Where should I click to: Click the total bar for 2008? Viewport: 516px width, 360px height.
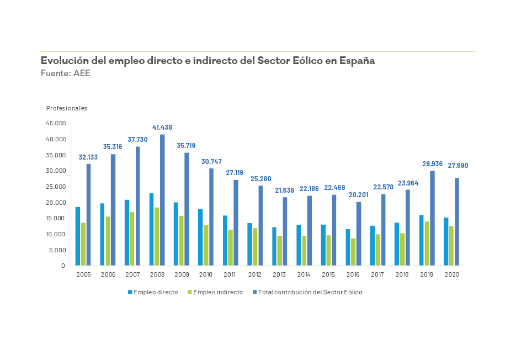point(162,200)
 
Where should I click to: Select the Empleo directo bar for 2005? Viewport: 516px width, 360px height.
point(78,236)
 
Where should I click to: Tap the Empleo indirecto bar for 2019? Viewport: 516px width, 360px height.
point(427,243)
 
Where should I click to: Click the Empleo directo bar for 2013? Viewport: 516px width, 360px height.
point(274,246)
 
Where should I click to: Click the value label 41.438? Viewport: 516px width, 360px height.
point(162,128)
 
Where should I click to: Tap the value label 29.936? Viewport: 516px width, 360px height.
point(432,164)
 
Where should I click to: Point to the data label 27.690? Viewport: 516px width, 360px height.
point(458,166)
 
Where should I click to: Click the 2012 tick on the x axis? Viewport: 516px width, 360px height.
point(255,274)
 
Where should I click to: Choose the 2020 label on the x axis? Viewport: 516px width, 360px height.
point(451,274)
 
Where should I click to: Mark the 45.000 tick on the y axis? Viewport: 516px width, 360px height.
point(56,123)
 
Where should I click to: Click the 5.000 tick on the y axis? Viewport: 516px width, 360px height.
point(57,250)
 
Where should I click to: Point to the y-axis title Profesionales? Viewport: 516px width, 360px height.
point(67,108)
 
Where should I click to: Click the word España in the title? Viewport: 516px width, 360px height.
point(357,61)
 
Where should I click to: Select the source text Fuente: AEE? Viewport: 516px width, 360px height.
point(66,73)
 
